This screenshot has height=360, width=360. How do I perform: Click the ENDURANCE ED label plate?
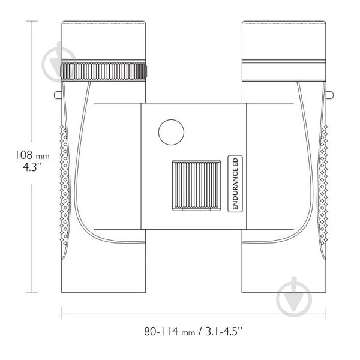click(235, 184)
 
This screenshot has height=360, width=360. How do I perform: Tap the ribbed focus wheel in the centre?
click(196, 185)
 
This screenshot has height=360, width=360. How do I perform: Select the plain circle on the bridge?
click(171, 132)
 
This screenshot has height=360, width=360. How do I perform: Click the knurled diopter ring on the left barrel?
click(104, 71)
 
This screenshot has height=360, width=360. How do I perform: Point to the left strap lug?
click(58, 95)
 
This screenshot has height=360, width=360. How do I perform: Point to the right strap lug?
click(330, 95)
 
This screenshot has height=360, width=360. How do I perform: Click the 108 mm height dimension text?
click(32, 155)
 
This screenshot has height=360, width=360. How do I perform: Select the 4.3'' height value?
click(32, 167)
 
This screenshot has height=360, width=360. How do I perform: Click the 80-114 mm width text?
click(170, 332)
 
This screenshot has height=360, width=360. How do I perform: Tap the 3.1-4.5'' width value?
click(224, 332)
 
